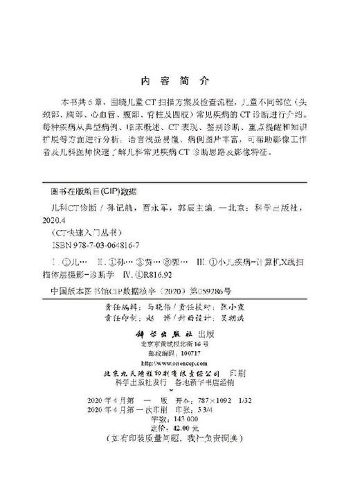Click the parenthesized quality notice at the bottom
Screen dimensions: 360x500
click(x=179, y=439)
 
